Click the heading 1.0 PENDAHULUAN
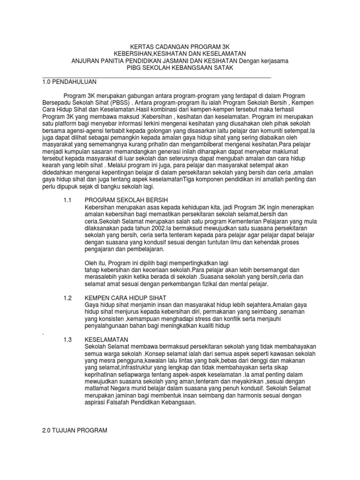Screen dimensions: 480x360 69,82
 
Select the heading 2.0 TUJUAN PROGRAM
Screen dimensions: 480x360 75,430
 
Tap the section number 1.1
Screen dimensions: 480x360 67,200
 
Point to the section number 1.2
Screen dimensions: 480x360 67,298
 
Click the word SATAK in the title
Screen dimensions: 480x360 223,68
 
